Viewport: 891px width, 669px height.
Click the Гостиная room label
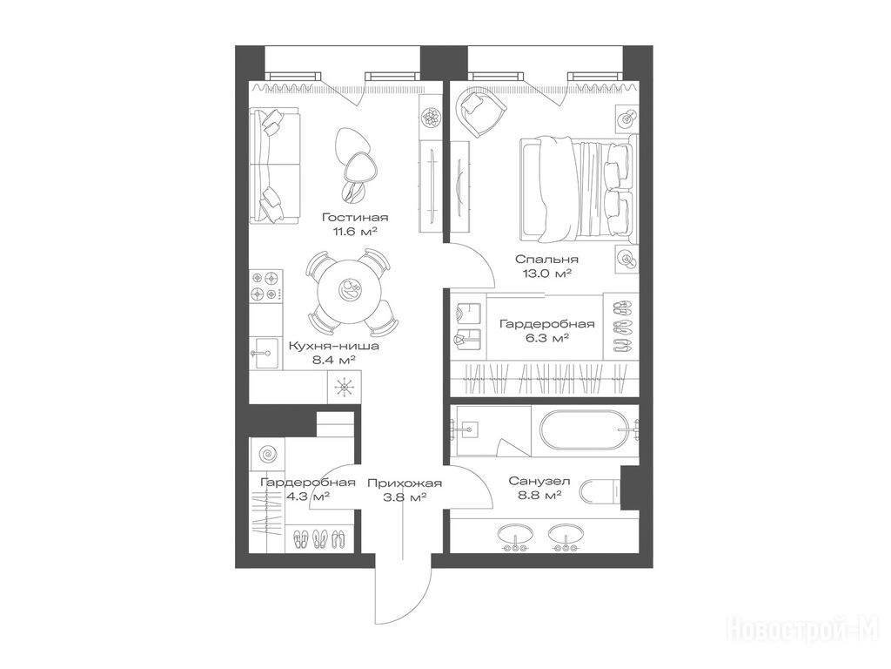tap(355, 217)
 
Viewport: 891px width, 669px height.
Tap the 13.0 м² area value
tap(546, 273)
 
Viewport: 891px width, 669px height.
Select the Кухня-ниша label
tap(333, 345)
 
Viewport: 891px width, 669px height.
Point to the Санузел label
tap(539, 481)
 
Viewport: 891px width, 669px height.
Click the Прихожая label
tap(405, 483)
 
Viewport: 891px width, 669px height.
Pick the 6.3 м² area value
tap(546, 338)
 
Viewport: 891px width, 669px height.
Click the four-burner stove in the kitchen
tap(266, 286)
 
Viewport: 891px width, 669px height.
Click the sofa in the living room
tap(276, 166)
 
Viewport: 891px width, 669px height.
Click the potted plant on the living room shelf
tap(432, 118)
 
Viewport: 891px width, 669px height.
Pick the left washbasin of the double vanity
tap(515, 536)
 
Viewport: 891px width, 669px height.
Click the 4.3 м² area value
tap(308, 497)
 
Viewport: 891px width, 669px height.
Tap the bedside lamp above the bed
tap(627, 118)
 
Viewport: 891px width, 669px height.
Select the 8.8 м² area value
tap(539, 496)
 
